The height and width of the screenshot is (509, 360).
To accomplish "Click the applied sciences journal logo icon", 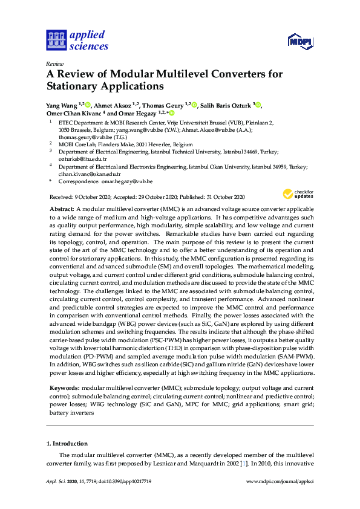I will pyautogui.click(x=55, y=41).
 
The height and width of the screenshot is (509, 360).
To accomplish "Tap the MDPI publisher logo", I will pyautogui.click(x=299, y=42).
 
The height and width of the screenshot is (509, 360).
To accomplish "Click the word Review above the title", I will pyautogui.click(x=54, y=64).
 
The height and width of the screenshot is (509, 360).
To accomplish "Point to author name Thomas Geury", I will pyautogui.click(x=160, y=105).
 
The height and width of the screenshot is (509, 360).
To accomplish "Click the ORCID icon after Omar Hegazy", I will pyautogui.click(x=171, y=113).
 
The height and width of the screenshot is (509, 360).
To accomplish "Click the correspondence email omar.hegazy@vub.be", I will pyautogui.click(x=126, y=181).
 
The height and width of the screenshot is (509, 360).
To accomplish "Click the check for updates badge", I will pyautogui.click(x=295, y=194).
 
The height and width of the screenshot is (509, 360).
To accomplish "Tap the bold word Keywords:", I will pyautogui.click(x=64, y=387).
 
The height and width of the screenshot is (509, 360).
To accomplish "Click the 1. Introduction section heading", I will pyautogui.click(x=67, y=443).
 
